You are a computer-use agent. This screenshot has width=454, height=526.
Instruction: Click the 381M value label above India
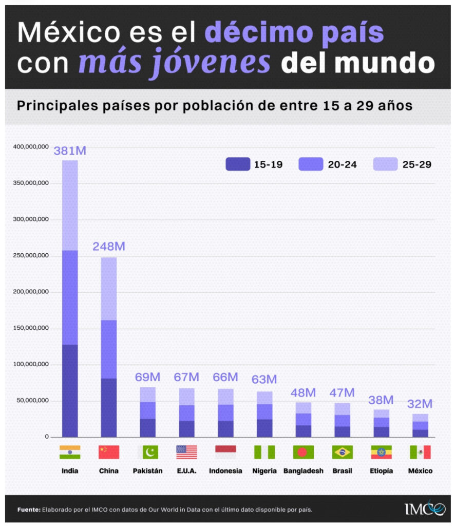[x=70, y=151]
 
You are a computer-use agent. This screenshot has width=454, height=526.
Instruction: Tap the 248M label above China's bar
[x=109, y=247]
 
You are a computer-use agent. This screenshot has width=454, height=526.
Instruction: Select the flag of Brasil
[x=342, y=452]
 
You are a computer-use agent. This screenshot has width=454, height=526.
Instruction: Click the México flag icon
[x=420, y=452]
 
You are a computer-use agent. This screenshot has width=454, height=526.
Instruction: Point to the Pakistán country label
[x=147, y=471]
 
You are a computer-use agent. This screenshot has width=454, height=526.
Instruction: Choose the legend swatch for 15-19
[x=237, y=164]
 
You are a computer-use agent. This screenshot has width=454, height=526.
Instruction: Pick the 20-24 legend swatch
[x=311, y=164]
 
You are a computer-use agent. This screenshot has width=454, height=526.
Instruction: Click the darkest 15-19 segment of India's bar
[x=70, y=390]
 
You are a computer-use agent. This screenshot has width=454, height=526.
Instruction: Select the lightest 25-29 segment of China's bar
[x=109, y=289]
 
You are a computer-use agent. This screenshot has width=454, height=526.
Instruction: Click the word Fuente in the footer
[x=28, y=510]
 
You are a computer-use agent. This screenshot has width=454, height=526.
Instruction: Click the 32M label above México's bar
[x=420, y=404]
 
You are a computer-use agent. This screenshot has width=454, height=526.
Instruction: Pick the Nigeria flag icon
[x=264, y=452]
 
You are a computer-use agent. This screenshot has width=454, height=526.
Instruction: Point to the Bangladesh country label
[x=304, y=471]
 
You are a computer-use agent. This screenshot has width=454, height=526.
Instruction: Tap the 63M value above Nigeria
[x=264, y=380]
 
